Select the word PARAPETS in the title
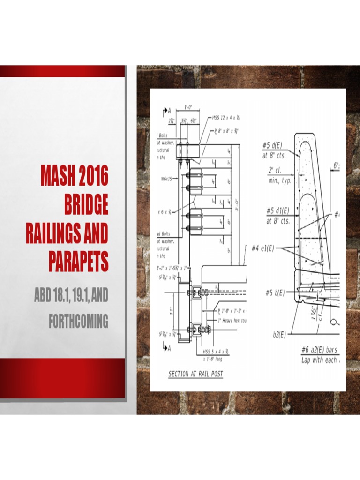click(x=78, y=262)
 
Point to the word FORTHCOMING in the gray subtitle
click(x=78, y=322)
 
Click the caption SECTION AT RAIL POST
click(x=195, y=374)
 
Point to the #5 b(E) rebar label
click(x=275, y=293)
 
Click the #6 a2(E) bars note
click(x=320, y=350)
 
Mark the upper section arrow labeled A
click(x=166, y=112)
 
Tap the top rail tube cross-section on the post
click(x=188, y=151)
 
